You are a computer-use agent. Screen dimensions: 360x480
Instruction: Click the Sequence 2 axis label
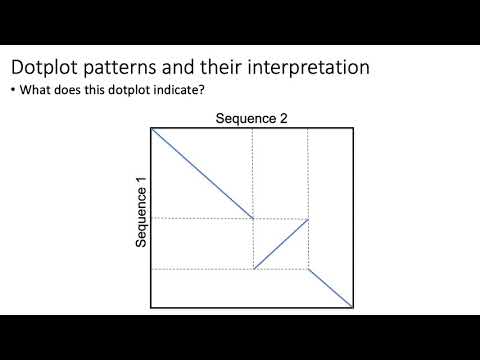(x=252, y=120)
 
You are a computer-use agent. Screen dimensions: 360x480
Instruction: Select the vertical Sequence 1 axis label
(x=142, y=212)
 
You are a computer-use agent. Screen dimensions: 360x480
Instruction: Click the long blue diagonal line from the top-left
(x=200, y=172)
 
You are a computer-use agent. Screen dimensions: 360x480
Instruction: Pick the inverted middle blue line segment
(x=281, y=244)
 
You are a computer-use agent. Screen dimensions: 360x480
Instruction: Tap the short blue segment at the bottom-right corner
(x=331, y=288)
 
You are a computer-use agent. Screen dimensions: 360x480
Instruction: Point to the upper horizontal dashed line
(x=200, y=218)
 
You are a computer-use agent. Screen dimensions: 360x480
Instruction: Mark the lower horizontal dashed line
(x=200, y=269)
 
